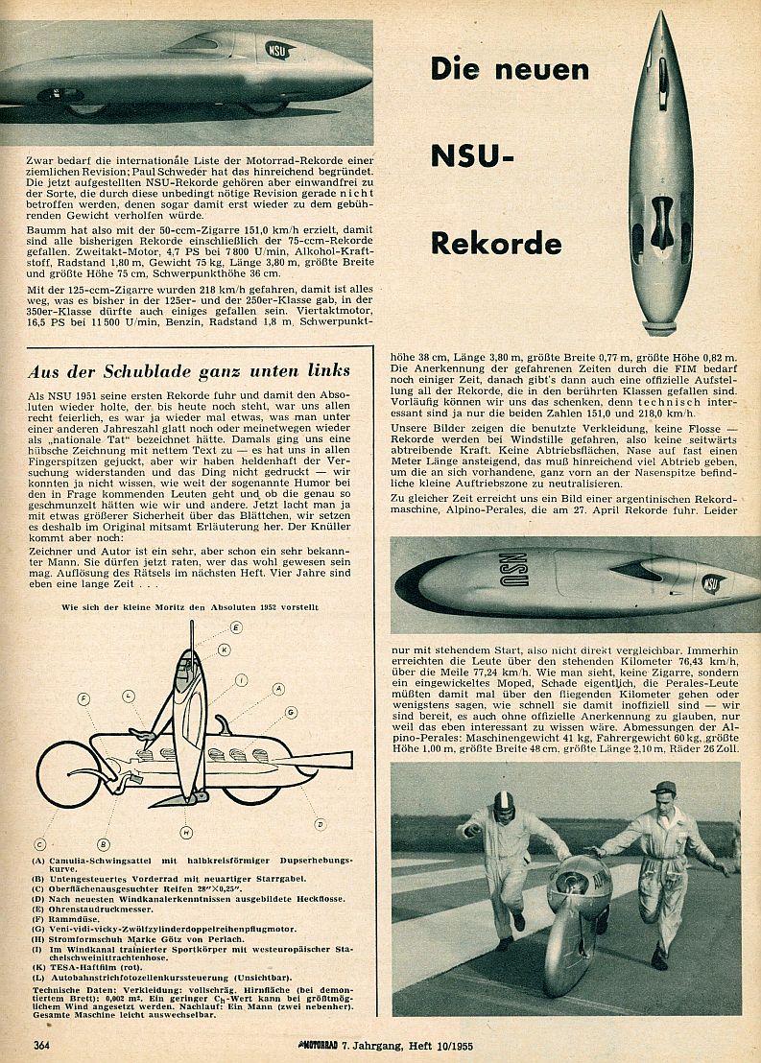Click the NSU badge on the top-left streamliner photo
pos(275,48)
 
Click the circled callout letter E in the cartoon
pos(236,626)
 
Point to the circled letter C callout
pos(40,844)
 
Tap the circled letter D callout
pos(320,823)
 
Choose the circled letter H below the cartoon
pos(186,831)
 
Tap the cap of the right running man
pos(663,788)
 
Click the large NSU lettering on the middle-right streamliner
pos(514,571)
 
